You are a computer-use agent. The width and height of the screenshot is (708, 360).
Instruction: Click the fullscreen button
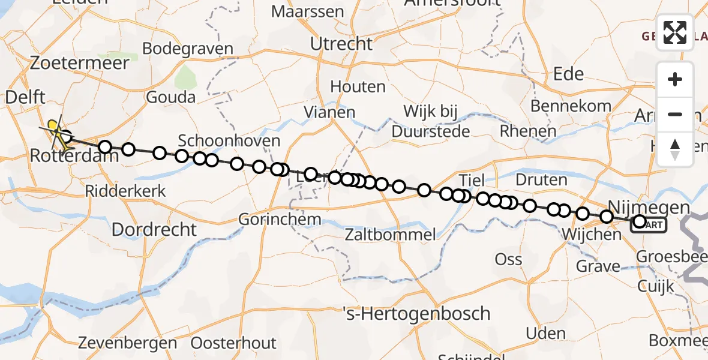point(675,32)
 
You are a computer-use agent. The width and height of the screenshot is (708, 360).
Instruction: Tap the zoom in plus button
point(675,79)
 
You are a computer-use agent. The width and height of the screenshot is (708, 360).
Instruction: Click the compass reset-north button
point(675,149)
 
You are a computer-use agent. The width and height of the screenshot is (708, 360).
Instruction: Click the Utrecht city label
point(341,44)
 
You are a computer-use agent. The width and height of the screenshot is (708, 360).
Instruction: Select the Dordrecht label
point(154,229)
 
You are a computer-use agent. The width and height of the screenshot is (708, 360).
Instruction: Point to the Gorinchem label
point(280,219)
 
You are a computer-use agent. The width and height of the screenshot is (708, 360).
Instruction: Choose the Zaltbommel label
point(390,234)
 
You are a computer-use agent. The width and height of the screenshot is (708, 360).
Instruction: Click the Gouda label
point(170,97)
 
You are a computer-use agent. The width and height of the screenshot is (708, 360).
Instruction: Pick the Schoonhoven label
point(229,141)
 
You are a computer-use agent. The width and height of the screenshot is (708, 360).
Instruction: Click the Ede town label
point(568,74)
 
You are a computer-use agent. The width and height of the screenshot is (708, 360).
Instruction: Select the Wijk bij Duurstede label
point(431,120)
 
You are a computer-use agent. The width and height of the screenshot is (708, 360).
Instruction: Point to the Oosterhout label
point(233,343)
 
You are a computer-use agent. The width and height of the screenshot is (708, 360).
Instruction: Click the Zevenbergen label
point(128,343)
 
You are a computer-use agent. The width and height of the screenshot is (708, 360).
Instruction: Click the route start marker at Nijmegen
point(640,222)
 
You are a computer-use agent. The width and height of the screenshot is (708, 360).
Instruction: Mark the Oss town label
point(508,259)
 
